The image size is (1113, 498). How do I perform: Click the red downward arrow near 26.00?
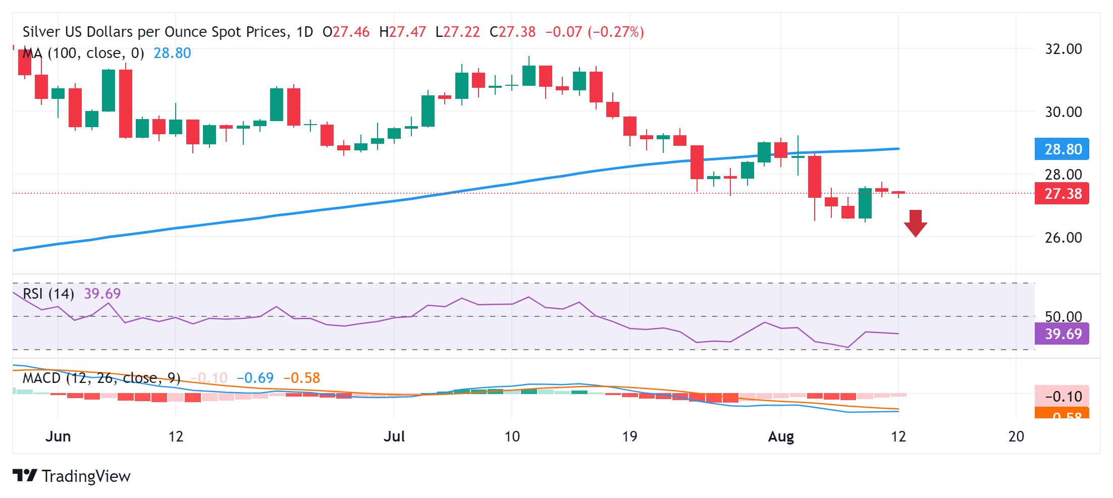click(915, 223)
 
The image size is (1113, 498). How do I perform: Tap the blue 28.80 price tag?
click(1062, 149)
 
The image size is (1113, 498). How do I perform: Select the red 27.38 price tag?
click(1062, 194)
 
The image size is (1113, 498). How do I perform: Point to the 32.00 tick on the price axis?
click(1063, 49)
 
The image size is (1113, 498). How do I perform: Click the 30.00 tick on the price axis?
click(1063, 112)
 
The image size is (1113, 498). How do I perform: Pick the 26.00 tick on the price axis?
click(1063, 237)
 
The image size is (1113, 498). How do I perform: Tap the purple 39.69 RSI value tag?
click(1062, 334)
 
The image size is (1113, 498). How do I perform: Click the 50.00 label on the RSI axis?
click(1063, 316)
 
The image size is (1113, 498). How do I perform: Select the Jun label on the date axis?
click(58, 436)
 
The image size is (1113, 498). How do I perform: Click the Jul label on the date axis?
click(394, 436)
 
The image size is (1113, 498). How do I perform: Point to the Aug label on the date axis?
click(781, 436)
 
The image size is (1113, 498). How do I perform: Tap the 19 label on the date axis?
click(629, 436)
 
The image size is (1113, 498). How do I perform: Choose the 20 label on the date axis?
click(1016, 436)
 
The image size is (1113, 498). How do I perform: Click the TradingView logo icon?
click(25, 475)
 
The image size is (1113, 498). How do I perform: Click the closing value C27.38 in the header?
click(513, 32)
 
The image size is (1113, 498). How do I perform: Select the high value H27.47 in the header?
click(402, 32)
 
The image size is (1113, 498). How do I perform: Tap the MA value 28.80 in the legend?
click(172, 53)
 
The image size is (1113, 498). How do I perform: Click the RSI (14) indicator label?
click(48, 294)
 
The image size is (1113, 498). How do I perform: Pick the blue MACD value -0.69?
click(255, 378)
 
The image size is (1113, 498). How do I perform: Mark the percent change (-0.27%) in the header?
click(616, 32)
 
